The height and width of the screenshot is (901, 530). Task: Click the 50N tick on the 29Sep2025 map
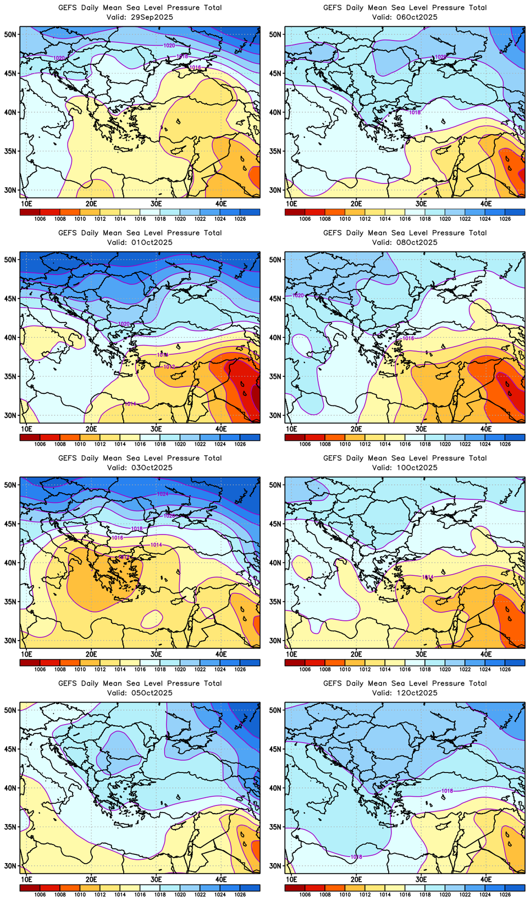point(10,34)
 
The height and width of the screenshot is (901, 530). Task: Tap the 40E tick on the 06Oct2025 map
point(486,203)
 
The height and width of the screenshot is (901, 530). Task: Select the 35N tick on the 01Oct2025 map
point(10,376)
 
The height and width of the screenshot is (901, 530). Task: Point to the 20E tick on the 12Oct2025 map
point(356,879)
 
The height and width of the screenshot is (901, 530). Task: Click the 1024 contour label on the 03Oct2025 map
point(163,494)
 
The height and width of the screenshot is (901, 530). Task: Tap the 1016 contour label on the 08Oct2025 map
point(408,338)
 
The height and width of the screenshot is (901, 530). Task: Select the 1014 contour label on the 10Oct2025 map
point(427,577)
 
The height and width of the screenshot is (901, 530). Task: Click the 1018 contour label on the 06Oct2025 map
point(415,113)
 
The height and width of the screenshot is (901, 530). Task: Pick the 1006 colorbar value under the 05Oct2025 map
point(40,894)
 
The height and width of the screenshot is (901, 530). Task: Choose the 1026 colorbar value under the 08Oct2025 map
point(505,444)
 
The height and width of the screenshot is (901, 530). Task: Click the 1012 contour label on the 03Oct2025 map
point(124,558)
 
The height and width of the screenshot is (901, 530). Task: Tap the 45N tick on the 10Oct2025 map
point(275,524)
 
